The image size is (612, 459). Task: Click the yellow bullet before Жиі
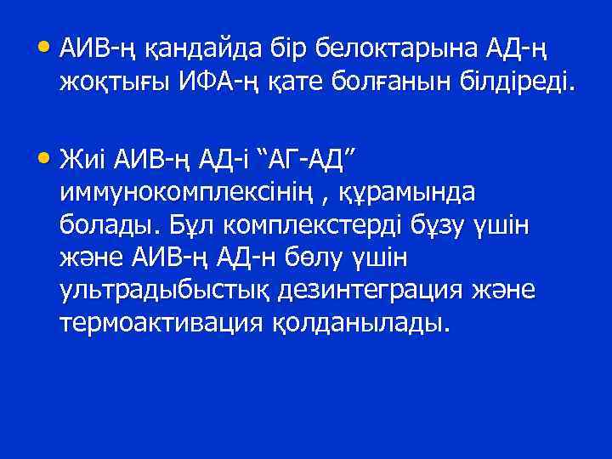click(45, 158)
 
